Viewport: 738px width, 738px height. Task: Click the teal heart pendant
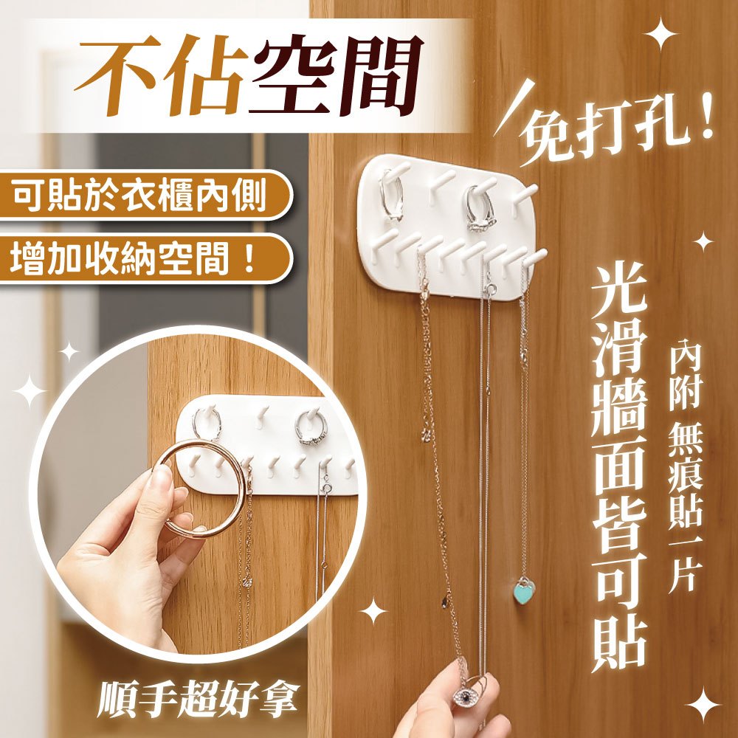click(x=523, y=590)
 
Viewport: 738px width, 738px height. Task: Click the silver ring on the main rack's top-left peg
click(x=392, y=195)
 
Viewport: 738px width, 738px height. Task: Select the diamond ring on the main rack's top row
click(x=480, y=209)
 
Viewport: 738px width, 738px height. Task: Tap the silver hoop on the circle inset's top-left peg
click(x=207, y=423)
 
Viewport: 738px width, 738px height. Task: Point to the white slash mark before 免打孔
click(x=514, y=107)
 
